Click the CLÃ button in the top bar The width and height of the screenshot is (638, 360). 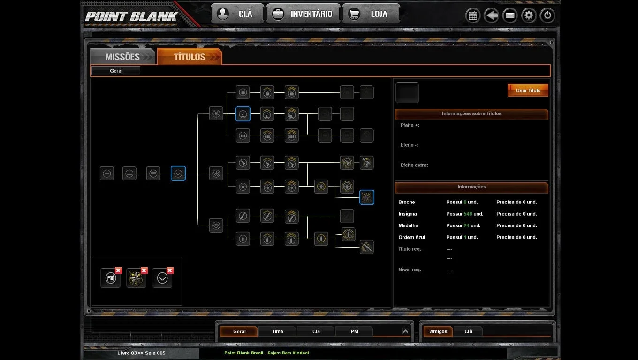(237, 14)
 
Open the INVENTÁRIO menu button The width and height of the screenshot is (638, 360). (303, 14)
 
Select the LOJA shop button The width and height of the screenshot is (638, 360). (371, 14)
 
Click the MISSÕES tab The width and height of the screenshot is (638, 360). (122, 57)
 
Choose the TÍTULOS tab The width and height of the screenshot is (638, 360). (190, 57)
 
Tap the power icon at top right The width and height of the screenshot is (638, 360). (547, 15)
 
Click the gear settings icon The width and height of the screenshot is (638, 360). (529, 15)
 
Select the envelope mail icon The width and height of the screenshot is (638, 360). (510, 15)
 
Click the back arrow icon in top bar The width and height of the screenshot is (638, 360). (491, 15)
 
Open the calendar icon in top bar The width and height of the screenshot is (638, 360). (473, 15)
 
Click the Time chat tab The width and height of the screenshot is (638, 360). (277, 331)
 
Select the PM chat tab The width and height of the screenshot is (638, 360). (354, 331)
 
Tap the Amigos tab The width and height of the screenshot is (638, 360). (438, 331)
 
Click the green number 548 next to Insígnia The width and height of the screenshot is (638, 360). (468, 214)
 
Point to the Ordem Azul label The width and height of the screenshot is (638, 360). (411, 237)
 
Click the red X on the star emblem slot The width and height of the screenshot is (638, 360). (144, 270)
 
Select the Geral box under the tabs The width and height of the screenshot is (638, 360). (116, 71)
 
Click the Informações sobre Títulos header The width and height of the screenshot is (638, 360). (471, 113)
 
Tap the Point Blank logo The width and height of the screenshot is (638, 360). (131, 16)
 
